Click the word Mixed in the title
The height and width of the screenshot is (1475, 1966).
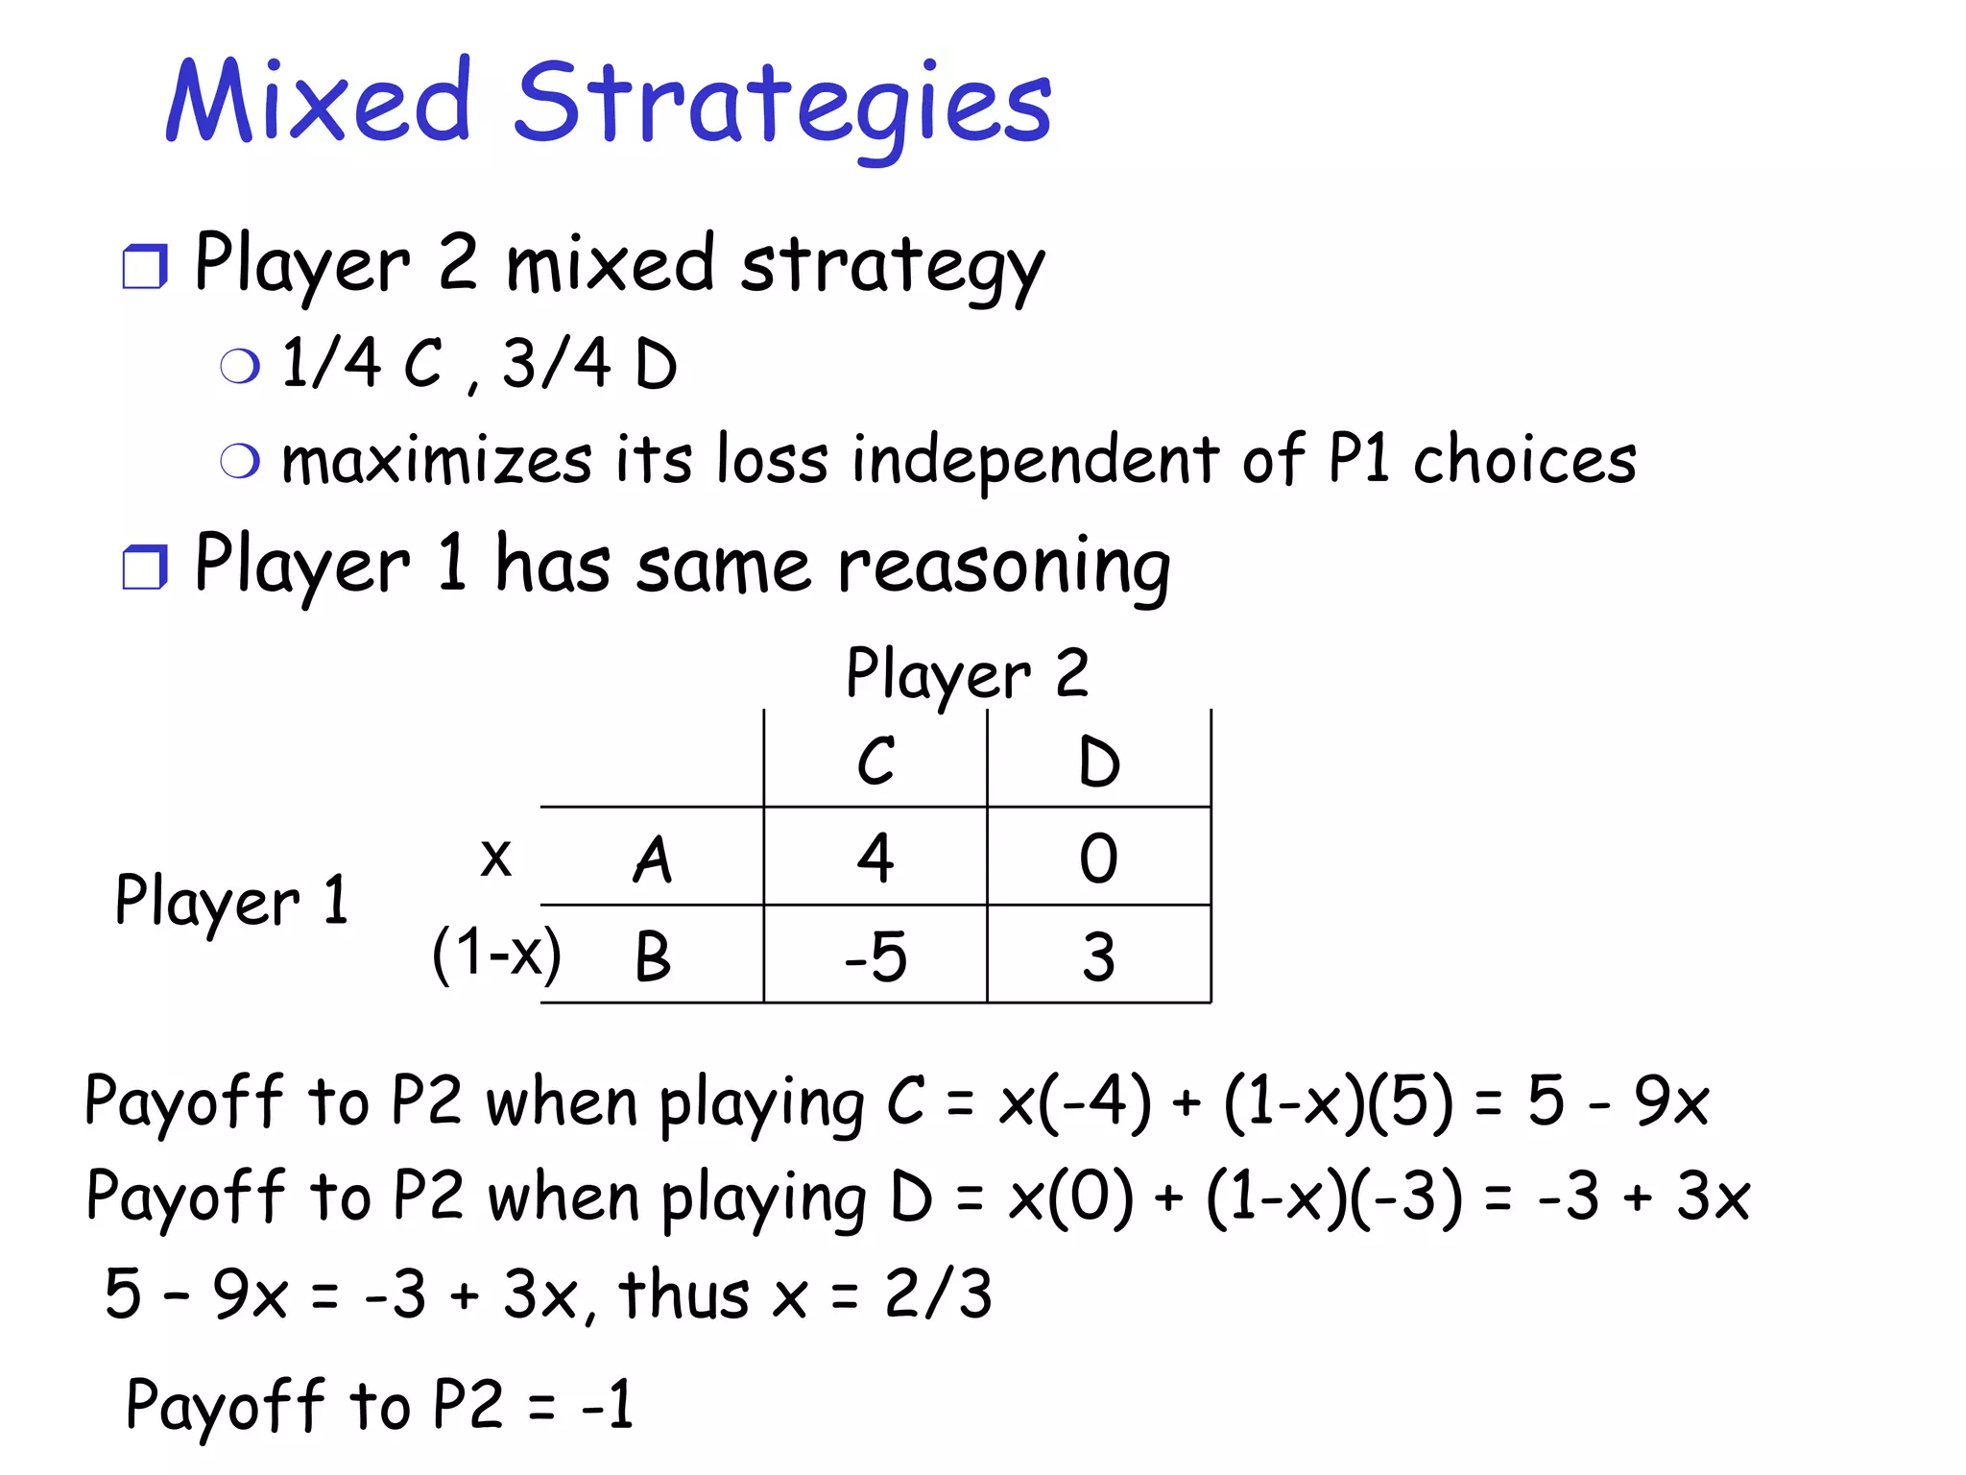pos(318,102)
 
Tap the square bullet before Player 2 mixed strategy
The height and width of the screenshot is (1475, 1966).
pos(145,267)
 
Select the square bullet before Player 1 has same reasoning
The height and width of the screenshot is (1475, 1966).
pos(145,567)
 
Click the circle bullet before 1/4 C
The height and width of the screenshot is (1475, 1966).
pos(240,366)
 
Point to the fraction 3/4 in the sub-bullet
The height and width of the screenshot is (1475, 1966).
pos(557,364)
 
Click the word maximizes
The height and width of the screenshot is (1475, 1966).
pos(437,460)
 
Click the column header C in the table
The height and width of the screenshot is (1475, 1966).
pos(875,762)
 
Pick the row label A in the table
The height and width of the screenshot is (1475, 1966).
pos(653,858)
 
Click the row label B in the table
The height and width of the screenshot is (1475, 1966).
pos(653,957)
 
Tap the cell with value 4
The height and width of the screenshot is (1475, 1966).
pos(875,858)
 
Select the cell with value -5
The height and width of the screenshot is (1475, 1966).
pos(875,957)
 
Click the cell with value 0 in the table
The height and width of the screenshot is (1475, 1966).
pos(1099,858)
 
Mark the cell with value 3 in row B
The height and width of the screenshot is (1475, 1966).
pos(1099,957)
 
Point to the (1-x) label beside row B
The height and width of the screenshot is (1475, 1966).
pos(496,955)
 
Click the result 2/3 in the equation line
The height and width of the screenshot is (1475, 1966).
pos(938,1294)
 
